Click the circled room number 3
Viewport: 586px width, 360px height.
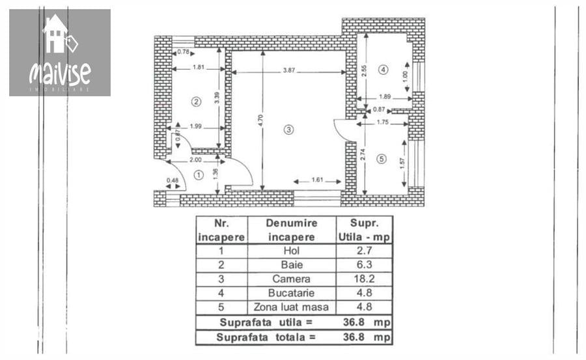[x=288, y=130]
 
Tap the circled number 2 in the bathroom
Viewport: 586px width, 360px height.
[x=196, y=102]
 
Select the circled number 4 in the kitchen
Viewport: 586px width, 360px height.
[x=383, y=70]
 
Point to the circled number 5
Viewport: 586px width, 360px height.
[x=382, y=159]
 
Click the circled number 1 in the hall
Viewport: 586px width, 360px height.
[x=199, y=174]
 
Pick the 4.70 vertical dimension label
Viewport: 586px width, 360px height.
[x=261, y=120]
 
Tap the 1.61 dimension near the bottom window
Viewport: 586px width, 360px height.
[x=317, y=180]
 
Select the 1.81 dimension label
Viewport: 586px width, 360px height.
[x=199, y=67]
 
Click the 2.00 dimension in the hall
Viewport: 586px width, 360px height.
[x=195, y=159]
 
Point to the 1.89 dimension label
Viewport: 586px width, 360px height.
[x=385, y=97]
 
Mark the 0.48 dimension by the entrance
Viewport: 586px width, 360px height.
[x=173, y=180]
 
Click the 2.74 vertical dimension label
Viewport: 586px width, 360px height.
[x=363, y=154]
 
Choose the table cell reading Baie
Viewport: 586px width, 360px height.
[x=292, y=265]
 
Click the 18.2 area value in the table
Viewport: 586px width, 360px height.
[x=365, y=279]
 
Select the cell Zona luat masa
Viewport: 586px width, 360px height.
[x=291, y=307]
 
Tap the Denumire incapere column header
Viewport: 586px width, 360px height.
[x=292, y=230]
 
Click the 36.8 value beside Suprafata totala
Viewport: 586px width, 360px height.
[x=354, y=337]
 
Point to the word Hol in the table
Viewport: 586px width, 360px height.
[x=292, y=251]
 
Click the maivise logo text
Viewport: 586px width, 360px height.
[x=60, y=72]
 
